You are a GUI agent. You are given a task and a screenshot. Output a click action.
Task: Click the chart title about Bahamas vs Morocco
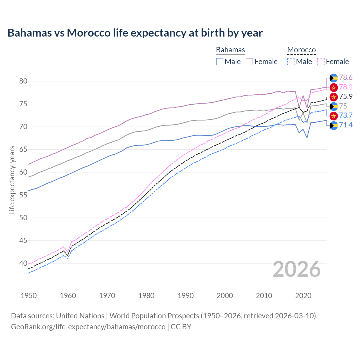135,33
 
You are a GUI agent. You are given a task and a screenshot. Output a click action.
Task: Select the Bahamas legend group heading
230,50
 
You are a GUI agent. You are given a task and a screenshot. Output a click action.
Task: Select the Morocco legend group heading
301,50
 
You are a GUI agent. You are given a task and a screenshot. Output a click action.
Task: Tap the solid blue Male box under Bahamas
220,62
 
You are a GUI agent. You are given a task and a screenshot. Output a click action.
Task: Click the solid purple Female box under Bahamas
249,62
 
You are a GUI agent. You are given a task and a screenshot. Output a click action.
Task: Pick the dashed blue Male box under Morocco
291,62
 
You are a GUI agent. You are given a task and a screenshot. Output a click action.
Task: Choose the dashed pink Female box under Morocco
321,62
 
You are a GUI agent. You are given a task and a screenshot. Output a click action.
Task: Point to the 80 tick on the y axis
23,81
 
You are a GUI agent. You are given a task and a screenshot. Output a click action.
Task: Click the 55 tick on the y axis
23,195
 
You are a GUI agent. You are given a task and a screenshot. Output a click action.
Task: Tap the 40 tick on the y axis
23,264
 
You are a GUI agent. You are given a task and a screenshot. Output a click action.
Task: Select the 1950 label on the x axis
29,296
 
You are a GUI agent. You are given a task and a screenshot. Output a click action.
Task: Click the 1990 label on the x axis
186,296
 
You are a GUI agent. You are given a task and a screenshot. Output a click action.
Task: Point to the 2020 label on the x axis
303,296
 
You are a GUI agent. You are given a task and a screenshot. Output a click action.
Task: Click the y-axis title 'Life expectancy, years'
12,180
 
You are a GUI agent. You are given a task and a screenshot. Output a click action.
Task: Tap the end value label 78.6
346,78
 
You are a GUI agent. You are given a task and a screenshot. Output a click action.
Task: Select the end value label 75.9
346,97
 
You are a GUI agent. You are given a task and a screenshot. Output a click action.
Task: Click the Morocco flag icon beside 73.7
334,116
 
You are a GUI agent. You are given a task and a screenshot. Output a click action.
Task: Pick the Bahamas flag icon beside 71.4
334,125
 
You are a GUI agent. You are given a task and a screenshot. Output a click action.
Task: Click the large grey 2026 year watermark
297,269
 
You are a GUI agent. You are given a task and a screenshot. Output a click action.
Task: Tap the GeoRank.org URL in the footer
88,327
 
